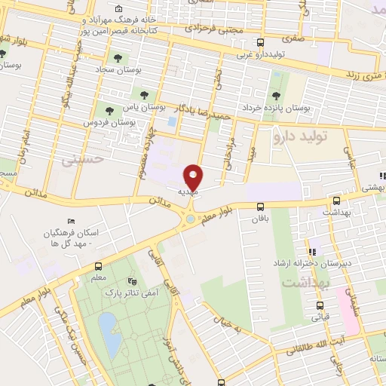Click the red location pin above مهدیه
[x=193, y=176]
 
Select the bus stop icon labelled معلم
[x=98, y=266]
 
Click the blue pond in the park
[x=110, y=332]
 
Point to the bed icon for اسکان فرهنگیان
[x=71, y=221]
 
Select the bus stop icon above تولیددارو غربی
[x=260, y=43]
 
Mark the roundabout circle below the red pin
[x=190, y=219]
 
